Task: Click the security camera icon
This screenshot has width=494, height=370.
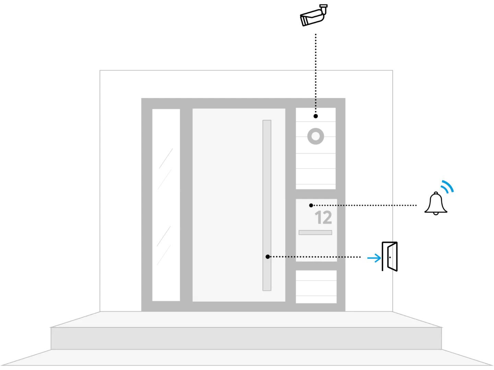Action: [314, 15]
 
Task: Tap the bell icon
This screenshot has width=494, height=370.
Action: [436, 203]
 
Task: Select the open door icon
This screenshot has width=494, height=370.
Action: [390, 256]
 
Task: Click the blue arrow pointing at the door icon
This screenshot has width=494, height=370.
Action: [374, 258]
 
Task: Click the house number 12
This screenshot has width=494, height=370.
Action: [323, 218]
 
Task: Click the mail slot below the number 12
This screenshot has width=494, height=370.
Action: [315, 233]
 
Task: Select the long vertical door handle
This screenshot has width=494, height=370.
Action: [267, 205]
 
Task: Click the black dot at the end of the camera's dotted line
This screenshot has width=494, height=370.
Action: [316, 116]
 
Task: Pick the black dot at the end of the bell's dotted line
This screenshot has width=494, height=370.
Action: [311, 205]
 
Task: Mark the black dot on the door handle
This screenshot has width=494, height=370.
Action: [268, 257]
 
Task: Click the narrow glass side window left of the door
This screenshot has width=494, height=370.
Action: [166, 205]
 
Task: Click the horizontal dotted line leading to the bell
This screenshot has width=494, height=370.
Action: [365, 205]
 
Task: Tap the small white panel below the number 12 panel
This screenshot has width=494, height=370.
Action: [316, 287]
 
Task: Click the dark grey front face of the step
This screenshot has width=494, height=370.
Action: [246, 338]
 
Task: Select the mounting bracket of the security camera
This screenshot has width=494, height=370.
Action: [324, 9]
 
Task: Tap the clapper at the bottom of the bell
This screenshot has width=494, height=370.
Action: [436, 213]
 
